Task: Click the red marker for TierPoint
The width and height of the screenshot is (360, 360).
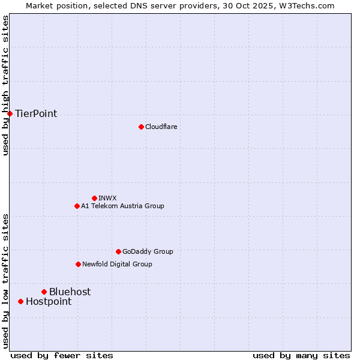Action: click(10, 113)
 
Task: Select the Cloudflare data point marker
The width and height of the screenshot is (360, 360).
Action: click(141, 127)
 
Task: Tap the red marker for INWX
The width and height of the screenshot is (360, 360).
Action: click(94, 198)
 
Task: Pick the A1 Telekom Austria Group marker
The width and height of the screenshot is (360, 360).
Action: click(77, 206)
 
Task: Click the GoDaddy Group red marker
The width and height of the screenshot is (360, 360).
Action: click(118, 251)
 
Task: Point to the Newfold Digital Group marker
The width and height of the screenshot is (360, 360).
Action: click(78, 264)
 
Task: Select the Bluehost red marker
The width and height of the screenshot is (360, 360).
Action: click(44, 292)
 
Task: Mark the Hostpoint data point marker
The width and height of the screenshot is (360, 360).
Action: click(20, 301)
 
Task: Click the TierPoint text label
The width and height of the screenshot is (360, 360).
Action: click(36, 113)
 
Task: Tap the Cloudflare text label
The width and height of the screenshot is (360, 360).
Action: click(161, 127)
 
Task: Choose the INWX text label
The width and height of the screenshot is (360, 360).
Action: click(107, 198)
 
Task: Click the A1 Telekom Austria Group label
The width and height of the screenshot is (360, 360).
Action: click(122, 206)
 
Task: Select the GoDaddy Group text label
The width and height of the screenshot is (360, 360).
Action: click(148, 251)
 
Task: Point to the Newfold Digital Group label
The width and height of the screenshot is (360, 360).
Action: click(117, 264)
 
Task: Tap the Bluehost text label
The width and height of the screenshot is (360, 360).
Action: click(70, 292)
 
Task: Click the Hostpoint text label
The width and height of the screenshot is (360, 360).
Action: click(49, 301)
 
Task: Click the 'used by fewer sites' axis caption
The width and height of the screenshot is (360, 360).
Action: click(62, 355)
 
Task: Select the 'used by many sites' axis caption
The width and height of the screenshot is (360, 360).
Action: click(301, 355)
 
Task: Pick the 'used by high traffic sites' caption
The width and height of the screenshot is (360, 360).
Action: click(5, 85)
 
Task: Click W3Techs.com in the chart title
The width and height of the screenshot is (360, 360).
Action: click(305, 5)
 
